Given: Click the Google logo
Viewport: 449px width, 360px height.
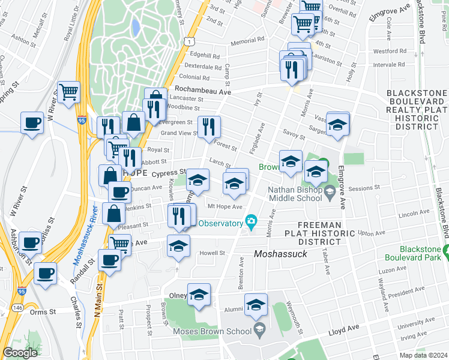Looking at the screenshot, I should pyautogui.click(x=20, y=353).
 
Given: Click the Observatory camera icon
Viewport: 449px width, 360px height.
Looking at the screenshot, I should pyautogui.click(x=250, y=223).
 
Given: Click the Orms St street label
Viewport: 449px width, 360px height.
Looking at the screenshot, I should pyautogui.click(x=43, y=312).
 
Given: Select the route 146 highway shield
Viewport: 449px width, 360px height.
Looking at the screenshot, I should pyautogui.click(x=17, y=307).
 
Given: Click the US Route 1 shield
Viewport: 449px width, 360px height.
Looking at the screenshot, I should pyautogui.click(x=190, y=41).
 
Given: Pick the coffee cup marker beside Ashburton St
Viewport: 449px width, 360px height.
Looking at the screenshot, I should pyautogui.click(x=30, y=242).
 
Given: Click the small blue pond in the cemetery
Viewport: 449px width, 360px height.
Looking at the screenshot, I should pyautogui.click(x=135, y=26).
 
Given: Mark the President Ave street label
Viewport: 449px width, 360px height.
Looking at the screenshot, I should pyautogui.click(x=405, y=292).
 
